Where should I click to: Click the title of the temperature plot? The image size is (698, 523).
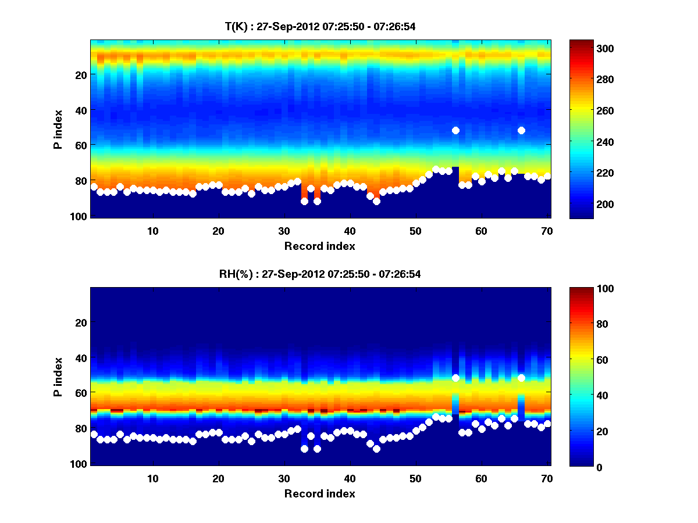[x=320, y=26]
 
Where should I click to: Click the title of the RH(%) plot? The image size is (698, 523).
[x=320, y=274]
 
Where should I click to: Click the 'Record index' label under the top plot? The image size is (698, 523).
[x=320, y=246]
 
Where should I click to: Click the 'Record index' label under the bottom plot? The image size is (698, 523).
[x=320, y=493]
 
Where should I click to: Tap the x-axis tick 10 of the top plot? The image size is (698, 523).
[x=153, y=230]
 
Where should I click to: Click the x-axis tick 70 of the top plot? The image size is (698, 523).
[x=547, y=230]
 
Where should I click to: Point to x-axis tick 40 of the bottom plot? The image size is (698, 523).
[x=350, y=478]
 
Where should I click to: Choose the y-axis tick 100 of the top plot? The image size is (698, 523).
[x=80, y=216]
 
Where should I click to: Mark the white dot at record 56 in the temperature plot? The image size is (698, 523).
[x=455, y=130]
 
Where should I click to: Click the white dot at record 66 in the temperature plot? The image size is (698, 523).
[x=521, y=130]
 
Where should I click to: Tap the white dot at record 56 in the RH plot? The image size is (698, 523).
[x=455, y=378]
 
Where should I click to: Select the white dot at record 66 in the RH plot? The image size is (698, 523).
[x=521, y=378]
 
